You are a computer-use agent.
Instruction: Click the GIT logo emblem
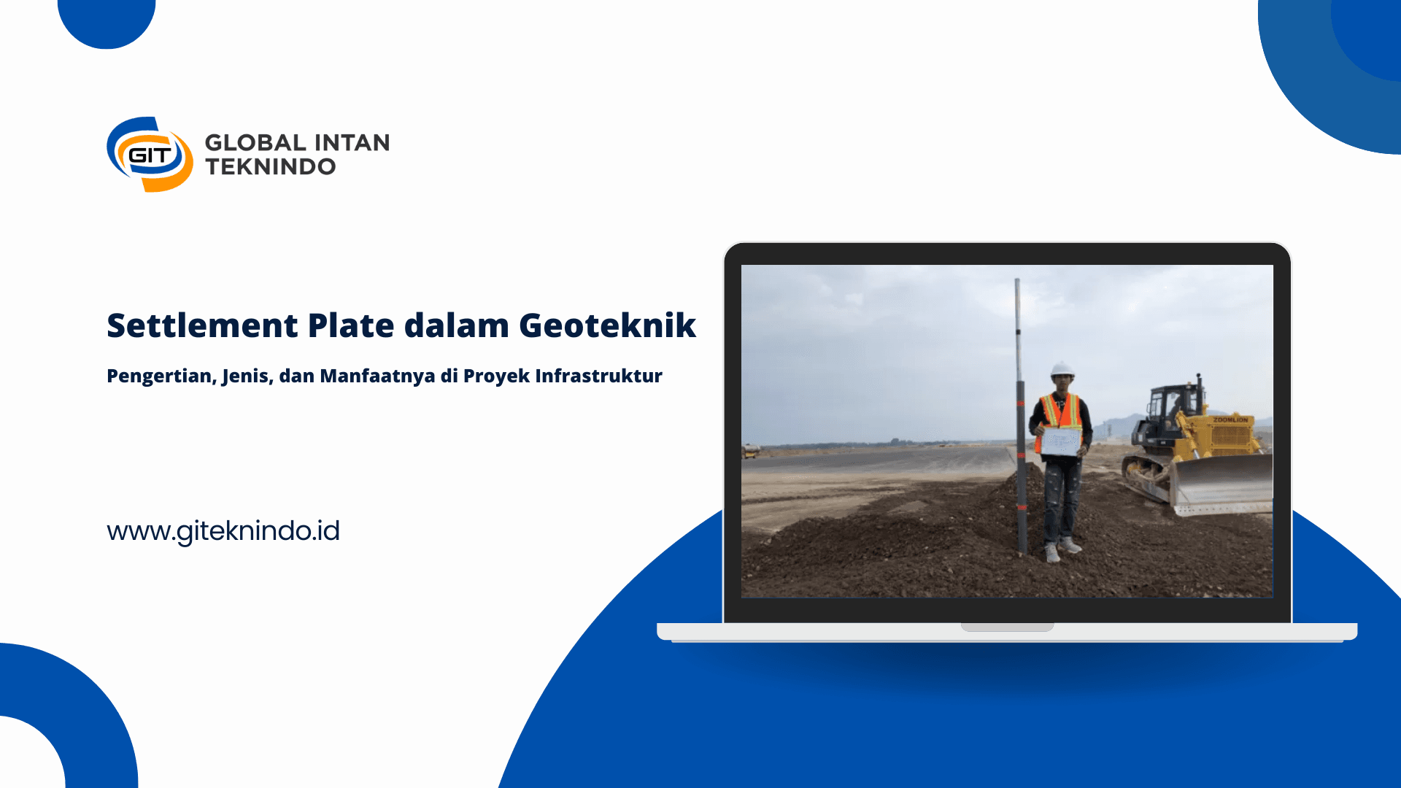click(150, 154)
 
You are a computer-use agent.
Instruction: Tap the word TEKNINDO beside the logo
click(271, 167)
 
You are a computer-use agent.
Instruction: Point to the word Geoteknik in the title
click(607, 325)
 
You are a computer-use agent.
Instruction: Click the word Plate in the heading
click(351, 325)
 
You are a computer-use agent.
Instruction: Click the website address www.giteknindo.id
click(223, 531)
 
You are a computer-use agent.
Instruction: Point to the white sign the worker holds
click(1061, 442)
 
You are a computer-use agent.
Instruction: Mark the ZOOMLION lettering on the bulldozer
click(1231, 420)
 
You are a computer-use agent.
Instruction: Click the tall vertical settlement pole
click(1020, 416)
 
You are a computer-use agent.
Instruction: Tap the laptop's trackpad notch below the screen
click(1007, 627)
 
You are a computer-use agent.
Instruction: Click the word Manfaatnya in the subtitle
click(377, 376)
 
